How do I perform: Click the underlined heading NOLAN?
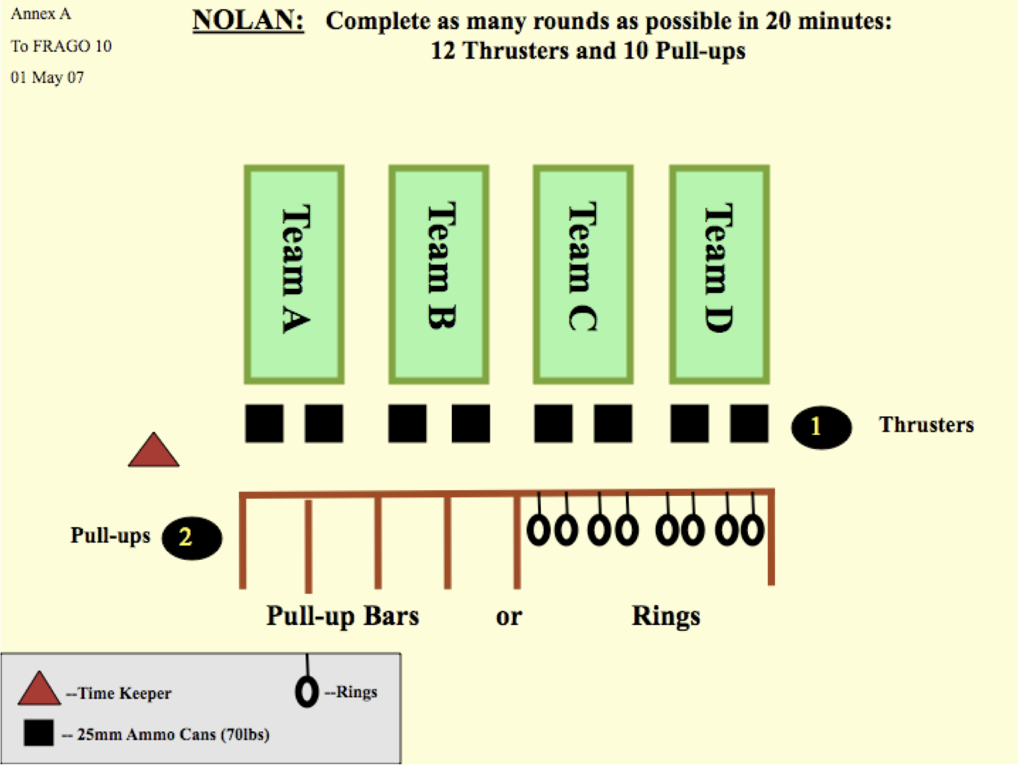pyautogui.click(x=248, y=21)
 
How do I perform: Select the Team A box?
pyautogui.click(x=294, y=274)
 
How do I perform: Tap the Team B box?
pyautogui.click(x=439, y=274)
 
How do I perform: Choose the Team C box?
pyautogui.click(x=583, y=274)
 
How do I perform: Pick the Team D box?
pyautogui.click(x=719, y=274)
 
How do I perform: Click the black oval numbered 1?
pyautogui.click(x=822, y=427)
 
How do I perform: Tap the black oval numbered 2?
pyautogui.click(x=192, y=538)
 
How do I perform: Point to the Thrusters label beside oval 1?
pyautogui.click(x=926, y=424)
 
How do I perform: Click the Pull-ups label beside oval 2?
pyautogui.click(x=110, y=536)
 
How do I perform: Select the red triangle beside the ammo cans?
pyautogui.click(x=154, y=451)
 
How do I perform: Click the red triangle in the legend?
pyautogui.click(x=39, y=689)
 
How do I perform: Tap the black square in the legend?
pyautogui.click(x=39, y=732)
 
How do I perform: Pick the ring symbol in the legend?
pyautogui.click(x=307, y=691)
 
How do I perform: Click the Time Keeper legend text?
pyautogui.click(x=119, y=693)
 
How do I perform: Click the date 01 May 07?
pyautogui.click(x=47, y=77)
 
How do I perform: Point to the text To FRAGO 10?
pyautogui.click(x=61, y=46)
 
